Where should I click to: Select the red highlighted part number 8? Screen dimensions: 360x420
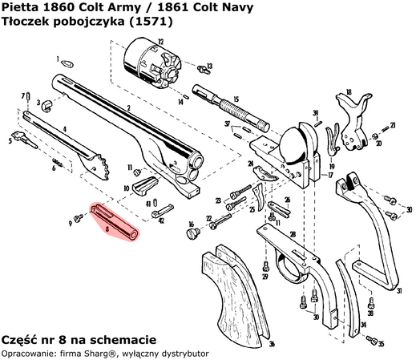pos(115,220)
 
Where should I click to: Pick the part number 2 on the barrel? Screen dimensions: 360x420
pos(128,107)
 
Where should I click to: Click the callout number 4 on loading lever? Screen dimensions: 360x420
pos(63,129)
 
